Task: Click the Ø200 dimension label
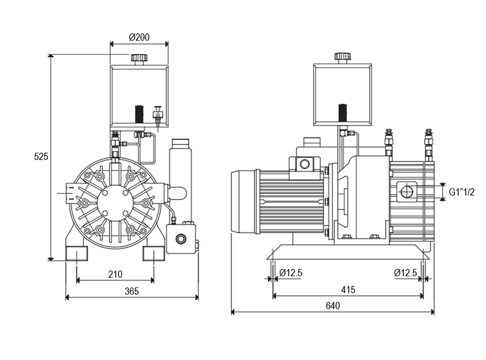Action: pyautogui.click(x=139, y=37)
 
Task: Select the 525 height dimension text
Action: pyautogui.click(x=41, y=156)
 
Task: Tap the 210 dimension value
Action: pyautogui.click(x=115, y=274)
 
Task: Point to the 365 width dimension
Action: pyautogui.click(x=132, y=292)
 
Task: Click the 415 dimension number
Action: pyautogui.click(x=348, y=290)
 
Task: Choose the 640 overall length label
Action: pyautogui.click(x=333, y=306)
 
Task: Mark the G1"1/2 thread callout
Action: pyautogui.click(x=462, y=192)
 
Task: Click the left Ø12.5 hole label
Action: pyautogui.click(x=291, y=273)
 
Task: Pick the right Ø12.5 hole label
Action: pyautogui.click(x=405, y=273)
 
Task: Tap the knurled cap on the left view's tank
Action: pyautogui.click(x=139, y=58)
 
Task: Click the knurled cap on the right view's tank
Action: pyautogui.click(x=343, y=56)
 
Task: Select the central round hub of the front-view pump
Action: pyautogui.click(x=115, y=203)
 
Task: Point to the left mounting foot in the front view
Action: pyautogui.click(x=77, y=253)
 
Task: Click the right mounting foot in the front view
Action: pyautogui.click(x=154, y=253)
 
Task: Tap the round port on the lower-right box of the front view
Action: pyautogui.click(x=181, y=239)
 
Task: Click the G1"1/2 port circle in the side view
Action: pyautogui.click(x=407, y=192)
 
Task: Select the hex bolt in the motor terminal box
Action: pyautogui.click(x=305, y=164)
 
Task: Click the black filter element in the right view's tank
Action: pyautogui.click(x=343, y=113)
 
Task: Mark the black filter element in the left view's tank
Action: pyautogui.click(x=139, y=114)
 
